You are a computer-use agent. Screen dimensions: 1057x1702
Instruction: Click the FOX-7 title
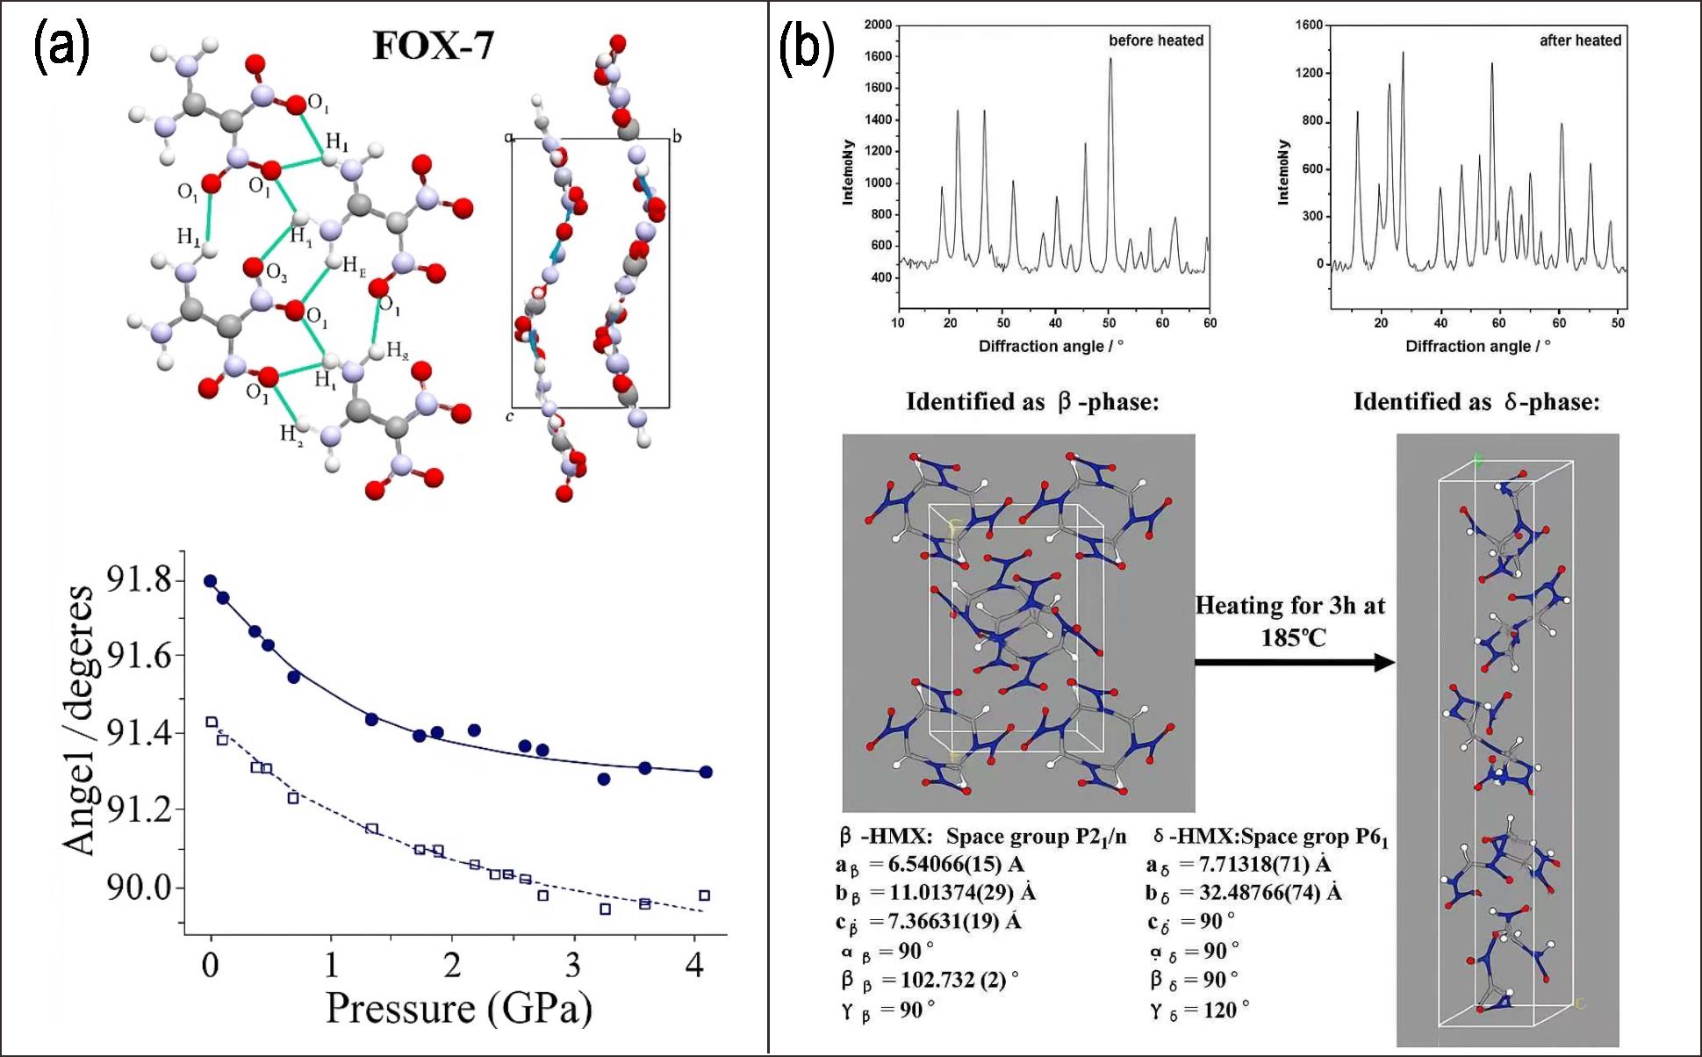tap(433, 46)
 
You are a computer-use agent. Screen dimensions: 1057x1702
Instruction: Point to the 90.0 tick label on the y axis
tap(139, 888)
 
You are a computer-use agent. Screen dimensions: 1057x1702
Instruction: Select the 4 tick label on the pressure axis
tap(694, 966)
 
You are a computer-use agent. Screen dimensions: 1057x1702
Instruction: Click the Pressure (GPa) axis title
tap(459, 1008)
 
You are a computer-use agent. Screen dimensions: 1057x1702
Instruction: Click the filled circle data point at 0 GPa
tap(211, 581)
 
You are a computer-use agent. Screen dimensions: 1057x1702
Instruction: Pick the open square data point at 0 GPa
tap(212, 723)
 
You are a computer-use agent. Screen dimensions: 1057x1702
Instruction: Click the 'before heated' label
tap(1155, 40)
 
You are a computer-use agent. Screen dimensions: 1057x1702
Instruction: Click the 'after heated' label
tap(1580, 40)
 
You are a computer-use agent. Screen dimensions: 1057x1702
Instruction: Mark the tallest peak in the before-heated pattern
tap(1110, 60)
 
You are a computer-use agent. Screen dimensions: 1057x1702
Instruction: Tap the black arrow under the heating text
tap(1295, 662)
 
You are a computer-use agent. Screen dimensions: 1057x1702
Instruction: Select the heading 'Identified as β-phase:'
tap(1032, 402)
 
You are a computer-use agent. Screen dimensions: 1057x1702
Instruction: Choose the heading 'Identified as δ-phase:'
tap(1476, 402)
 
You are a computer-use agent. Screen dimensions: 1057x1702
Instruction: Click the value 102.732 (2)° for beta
tap(959, 980)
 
